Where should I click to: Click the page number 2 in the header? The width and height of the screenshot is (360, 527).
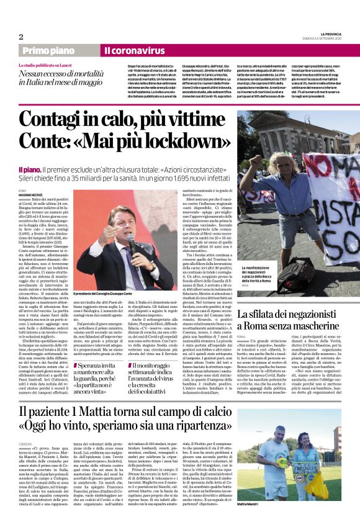click(21, 37)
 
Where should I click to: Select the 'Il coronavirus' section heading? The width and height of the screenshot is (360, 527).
click(134, 50)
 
